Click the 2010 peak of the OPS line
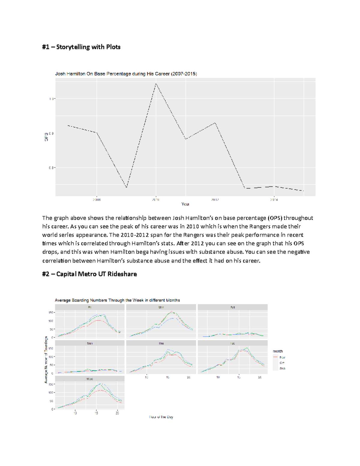click(156, 84)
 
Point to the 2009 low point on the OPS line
click(126, 188)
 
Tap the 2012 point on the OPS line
click(215, 123)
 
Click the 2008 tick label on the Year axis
click(96, 200)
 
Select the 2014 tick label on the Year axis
click(274, 200)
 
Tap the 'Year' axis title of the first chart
click(185, 204)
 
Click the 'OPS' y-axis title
click(46, 137)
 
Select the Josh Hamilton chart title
click(126, 74)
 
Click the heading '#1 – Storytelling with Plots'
click(81, 47)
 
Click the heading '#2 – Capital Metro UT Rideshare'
click(89, 274)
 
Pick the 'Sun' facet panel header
click(90, 343)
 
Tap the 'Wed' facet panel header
click(90, 379)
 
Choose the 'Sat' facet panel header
click(232, 308)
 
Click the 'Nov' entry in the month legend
click(282, 357)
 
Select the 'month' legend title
click(277, 351)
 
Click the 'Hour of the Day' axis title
click(161, 417)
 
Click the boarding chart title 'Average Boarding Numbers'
click(117, 300)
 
